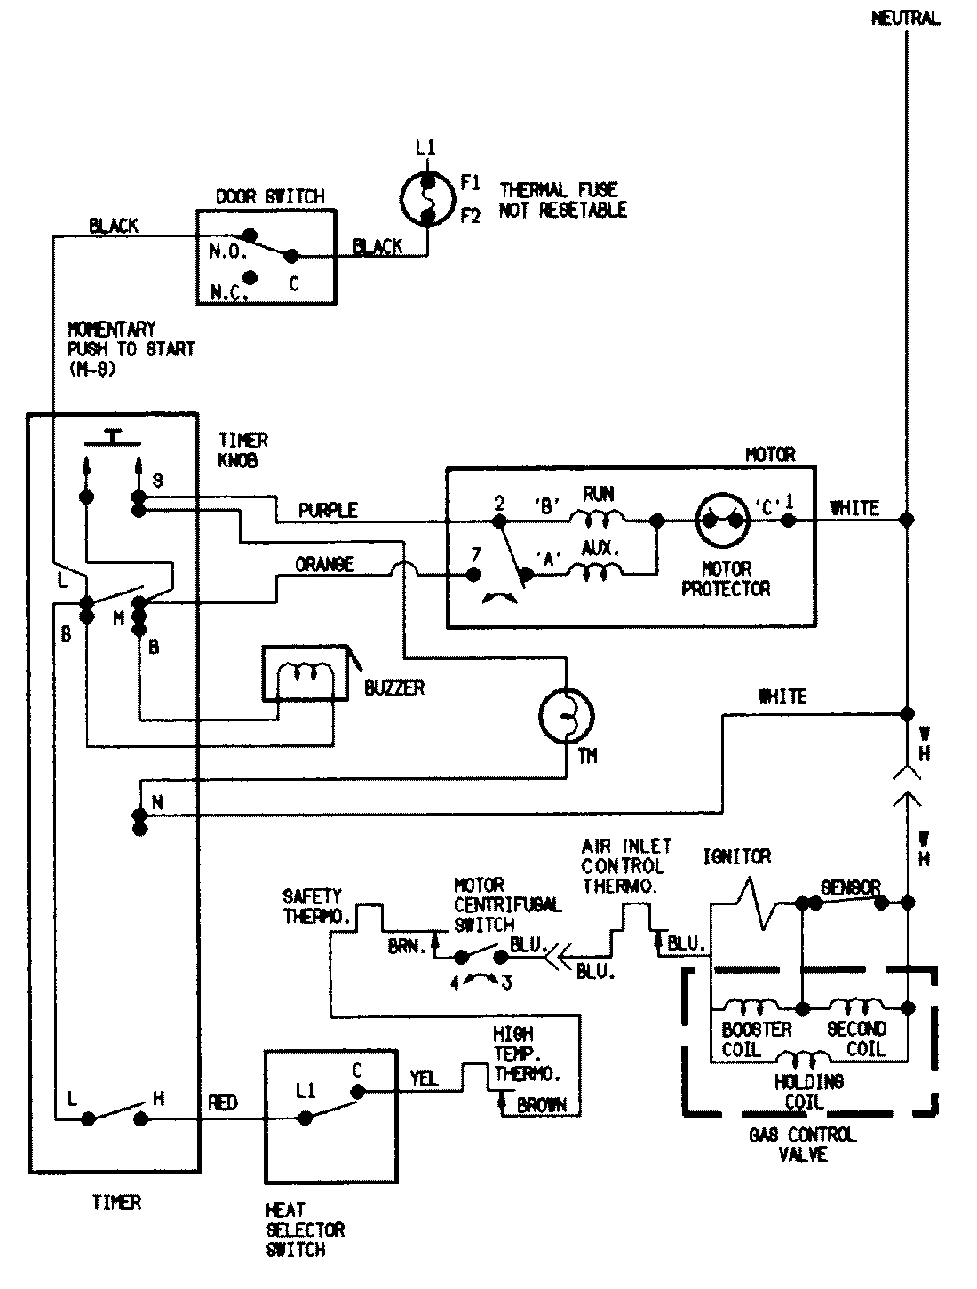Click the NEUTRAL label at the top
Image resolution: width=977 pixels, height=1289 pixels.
(x=905, y=19)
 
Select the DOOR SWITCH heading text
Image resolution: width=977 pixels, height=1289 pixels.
(x=270, y=196)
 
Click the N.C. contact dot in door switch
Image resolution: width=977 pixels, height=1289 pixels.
(x=250, y=278)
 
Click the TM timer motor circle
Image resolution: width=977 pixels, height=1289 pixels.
(x=567, y=715)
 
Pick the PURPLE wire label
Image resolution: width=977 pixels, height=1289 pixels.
(x=328, y=511)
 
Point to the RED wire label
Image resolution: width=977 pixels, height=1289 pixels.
(x=222, y=1102)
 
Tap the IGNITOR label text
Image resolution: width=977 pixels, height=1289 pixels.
(x=736, y=856)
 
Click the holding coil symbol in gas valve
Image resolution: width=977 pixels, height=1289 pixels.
(x=801, y=1058)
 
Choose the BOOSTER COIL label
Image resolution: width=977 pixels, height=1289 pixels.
(x=757, y=1038)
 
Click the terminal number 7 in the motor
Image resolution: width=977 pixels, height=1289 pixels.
(x=475, y=554)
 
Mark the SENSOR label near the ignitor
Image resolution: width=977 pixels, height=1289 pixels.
(x=850, y=887)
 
